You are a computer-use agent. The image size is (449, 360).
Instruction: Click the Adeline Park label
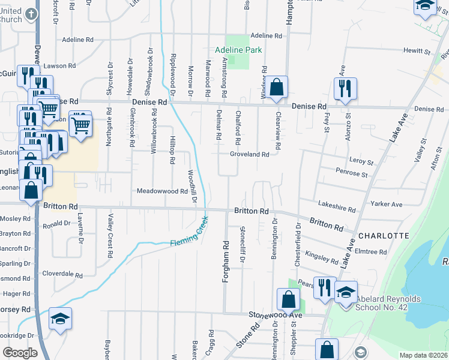(239, 50)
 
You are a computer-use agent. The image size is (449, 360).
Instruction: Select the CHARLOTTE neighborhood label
(384, 236)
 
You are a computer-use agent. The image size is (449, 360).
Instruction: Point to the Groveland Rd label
(249, 154)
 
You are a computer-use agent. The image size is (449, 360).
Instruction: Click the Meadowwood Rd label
(163, 191)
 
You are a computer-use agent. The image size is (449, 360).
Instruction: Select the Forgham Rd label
(226, 263)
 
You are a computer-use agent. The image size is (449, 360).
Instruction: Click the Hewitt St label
(418, 52)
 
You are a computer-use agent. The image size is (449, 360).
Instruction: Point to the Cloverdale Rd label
(62, 274)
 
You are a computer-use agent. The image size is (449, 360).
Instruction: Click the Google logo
(20, 352)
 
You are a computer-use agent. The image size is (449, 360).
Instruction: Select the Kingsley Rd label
(322, 258)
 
